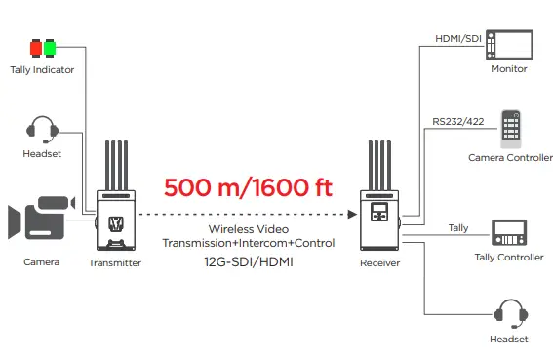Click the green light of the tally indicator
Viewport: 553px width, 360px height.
pyautogui.click(x=48, y=47)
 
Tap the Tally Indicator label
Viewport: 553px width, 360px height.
pyautogui.click(x=40, y=69)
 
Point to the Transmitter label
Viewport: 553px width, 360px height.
pyautogui.click(x=115, y=262)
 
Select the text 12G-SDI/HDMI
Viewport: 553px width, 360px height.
pyautogui.click(x=248, y=261)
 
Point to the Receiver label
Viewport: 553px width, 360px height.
pyautogui.click(x=380, y=262)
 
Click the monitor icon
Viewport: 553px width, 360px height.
pyautogui.click(x=509, y=45)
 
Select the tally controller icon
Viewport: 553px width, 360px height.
pyautogui.click(x=508, y=234)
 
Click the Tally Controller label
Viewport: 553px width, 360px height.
pyautogui.click(x=508, y=258)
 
